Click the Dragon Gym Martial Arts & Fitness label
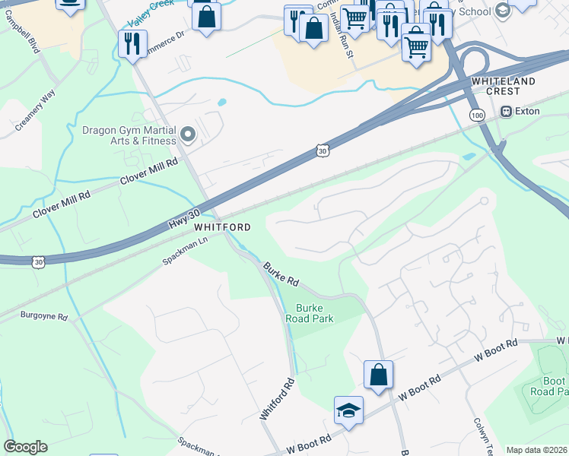pyautogui.click(x=129, y=135)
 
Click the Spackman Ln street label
pyautogui.click(x=185, y=251)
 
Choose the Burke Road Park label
pyautogui.click(x=315, y=314)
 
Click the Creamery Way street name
pyautogui.click(x=36, y=111)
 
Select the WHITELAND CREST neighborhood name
pyautogui.click(x=503, y=86)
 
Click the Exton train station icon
pyautogui.click(x=506, y=111)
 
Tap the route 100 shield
pyautogui.click(x=477, y=115)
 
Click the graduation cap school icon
pyautogui.click(x=348, y=410)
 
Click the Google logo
pyautogui.click(x=25, y=447)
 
